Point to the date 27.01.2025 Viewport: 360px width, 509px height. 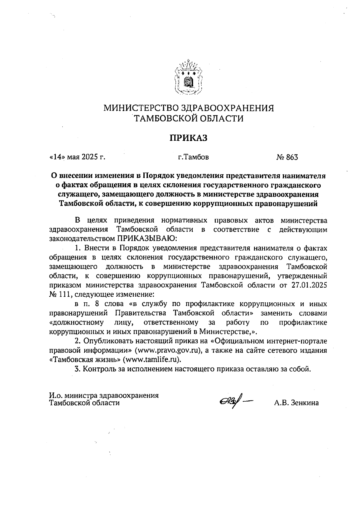click(309, 285)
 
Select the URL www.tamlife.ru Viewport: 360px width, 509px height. click(152, 360)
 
